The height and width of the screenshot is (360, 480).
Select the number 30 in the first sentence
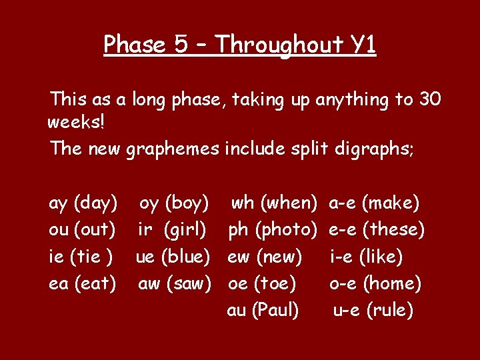tap(429, 100)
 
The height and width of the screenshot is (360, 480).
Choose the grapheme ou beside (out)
tap(59, 229)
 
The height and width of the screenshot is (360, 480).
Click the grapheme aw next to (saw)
tap(149, 284)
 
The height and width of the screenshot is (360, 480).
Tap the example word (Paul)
tap(275, 311)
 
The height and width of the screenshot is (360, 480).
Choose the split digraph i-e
tap(342, 257)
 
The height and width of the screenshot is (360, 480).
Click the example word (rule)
tap(389, 311)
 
